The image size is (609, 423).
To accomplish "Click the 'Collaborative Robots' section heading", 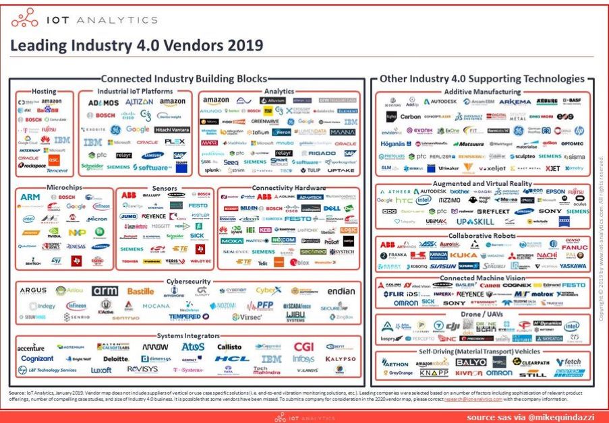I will (x=482, y=236).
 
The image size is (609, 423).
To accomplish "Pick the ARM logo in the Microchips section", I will (x=30, y=197).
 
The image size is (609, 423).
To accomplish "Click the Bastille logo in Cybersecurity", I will (x=140, y=291).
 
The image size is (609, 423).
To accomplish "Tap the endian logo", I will (x=341, y=292).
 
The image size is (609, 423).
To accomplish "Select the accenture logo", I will (x=30, y=348).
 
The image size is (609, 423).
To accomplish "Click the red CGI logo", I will (x=303, y=347).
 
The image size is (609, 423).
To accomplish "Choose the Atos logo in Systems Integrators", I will (x=193, y=347).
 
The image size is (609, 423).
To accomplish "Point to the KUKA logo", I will (x=463, y=256).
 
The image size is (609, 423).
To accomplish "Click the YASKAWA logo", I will (x=573, y=267).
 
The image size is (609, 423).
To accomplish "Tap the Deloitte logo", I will (x=115, y=359).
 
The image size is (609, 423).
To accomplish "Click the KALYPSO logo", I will (x=340, y=359).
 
